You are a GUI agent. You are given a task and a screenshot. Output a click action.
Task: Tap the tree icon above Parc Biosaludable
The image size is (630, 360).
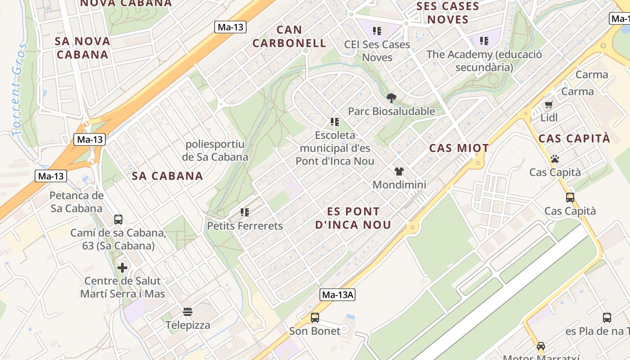click(391, 98)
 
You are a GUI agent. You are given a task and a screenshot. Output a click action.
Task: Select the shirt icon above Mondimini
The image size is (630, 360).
click(399, 171)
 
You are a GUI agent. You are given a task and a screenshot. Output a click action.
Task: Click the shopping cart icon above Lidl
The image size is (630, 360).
click(549, 104)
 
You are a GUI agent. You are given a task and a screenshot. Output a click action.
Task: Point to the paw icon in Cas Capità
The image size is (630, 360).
click(555, 159)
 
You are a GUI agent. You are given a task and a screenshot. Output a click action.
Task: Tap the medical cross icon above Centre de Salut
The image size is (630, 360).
click(122, 268)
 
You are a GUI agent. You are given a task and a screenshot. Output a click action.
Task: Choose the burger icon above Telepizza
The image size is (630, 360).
click(188, 312)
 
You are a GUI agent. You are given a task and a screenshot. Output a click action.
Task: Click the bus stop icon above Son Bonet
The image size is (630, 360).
click(315, 318)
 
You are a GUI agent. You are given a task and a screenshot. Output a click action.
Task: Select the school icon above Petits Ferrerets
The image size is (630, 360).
click(245, 212)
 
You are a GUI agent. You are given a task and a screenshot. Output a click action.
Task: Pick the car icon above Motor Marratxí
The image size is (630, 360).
click(541, 346)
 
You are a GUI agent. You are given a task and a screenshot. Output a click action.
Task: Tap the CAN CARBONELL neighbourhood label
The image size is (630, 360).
click(289, 36)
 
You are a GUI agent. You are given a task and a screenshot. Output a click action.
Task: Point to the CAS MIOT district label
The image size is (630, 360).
click(459, 148)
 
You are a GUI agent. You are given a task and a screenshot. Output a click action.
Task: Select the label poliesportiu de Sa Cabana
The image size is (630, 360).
click(215, 151)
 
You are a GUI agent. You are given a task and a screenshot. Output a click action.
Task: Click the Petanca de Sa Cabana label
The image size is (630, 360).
click(76, 202)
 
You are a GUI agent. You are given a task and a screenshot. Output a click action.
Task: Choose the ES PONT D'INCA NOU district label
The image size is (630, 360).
click(353, 218)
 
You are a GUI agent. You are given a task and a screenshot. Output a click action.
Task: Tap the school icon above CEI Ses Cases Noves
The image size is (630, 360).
click(377, 31)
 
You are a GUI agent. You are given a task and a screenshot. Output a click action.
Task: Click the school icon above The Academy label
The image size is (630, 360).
click(484, 41)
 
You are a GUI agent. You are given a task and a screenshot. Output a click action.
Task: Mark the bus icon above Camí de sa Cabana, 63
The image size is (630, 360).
click(118, 220)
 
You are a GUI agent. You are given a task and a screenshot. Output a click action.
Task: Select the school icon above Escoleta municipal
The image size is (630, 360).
click(334, 121)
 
